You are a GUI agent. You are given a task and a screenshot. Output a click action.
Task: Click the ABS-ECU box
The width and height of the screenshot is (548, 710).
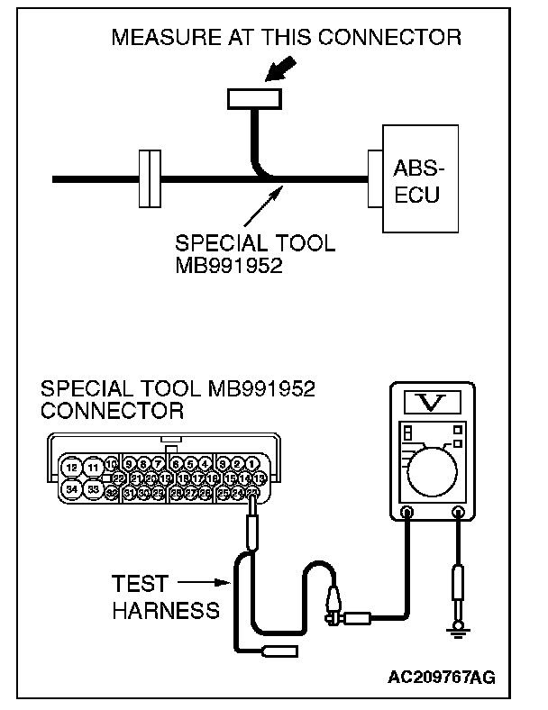(x=417, y=178)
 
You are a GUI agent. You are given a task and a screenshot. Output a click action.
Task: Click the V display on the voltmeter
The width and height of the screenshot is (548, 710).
(x=431, y=400)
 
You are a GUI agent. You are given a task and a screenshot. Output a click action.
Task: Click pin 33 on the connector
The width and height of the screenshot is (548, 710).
(x=94, y=489)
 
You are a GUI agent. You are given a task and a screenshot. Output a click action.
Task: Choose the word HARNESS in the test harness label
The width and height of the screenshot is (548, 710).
(x=166, y=610)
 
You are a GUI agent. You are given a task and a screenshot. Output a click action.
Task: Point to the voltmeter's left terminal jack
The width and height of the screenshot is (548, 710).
(x=406, y=514)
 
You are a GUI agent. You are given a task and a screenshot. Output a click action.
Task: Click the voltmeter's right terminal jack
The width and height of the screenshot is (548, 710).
(x=458, y=514)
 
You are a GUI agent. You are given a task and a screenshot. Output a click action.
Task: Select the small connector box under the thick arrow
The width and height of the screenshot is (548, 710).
(x=254, y=97)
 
